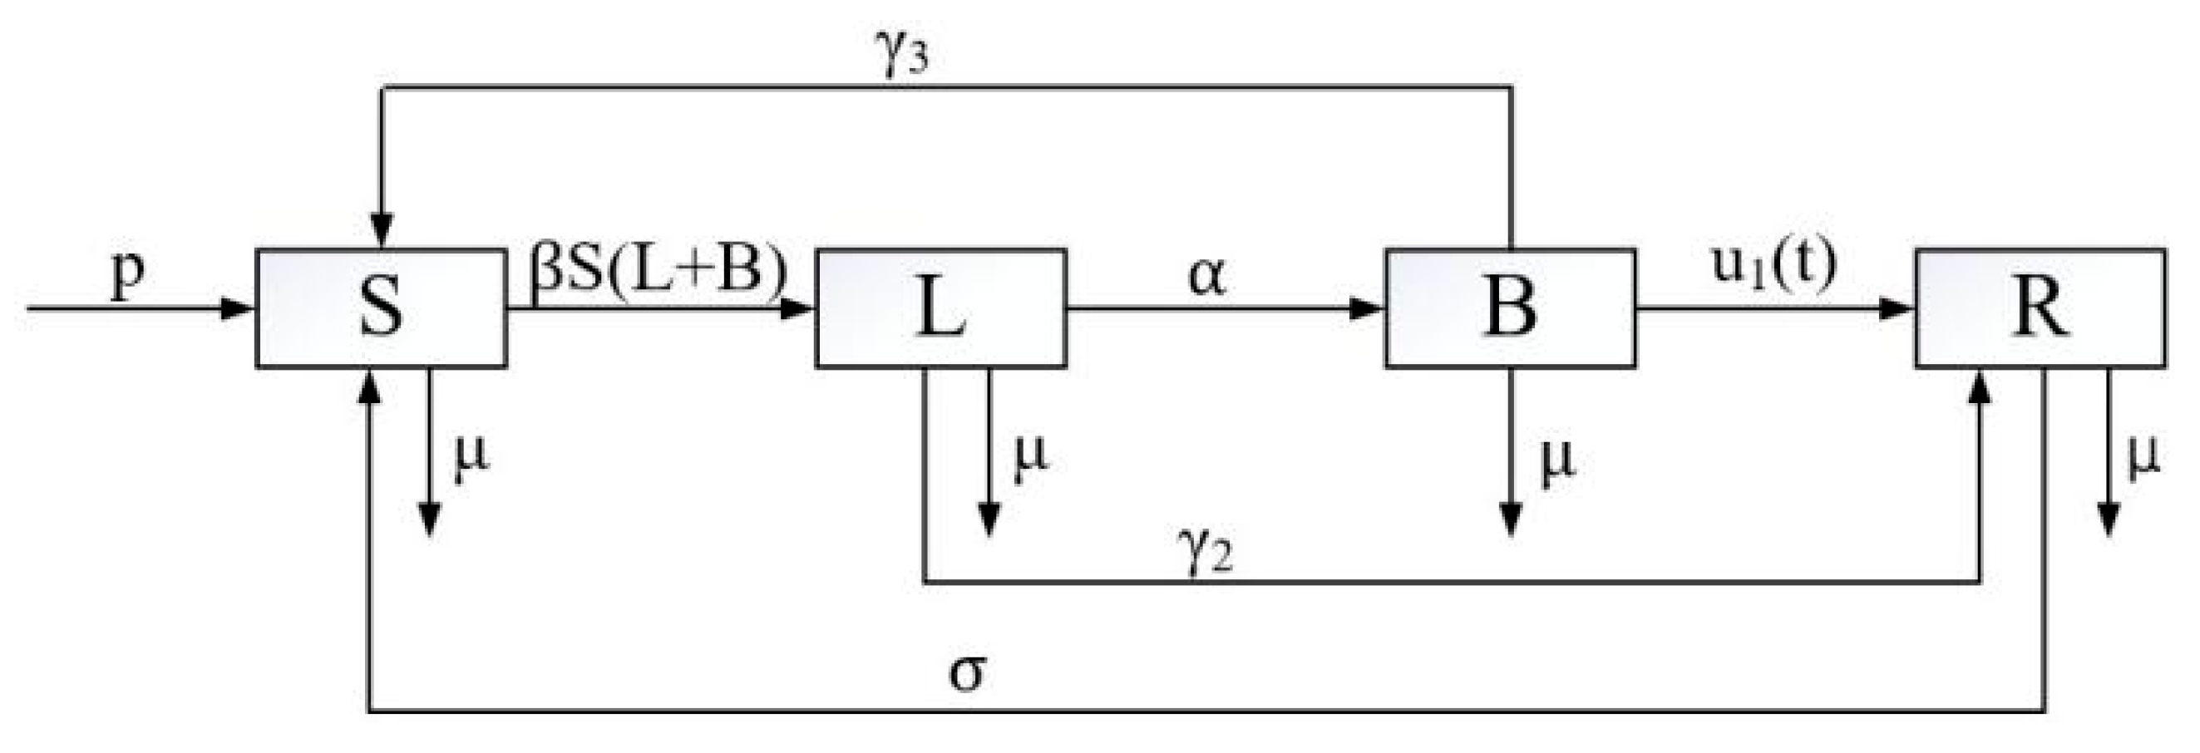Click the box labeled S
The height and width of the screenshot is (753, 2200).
(x=381, y=308)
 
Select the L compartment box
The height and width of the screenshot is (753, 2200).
(x=940, y=308)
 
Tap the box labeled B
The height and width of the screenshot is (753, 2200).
(x=1510, y=308)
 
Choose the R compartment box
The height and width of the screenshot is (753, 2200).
(x=2040, y=308)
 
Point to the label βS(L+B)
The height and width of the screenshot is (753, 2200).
(x=658, y=272)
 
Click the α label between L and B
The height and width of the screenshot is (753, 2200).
(x=1206, y=276)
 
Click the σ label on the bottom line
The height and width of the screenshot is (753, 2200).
(x=967, y=671)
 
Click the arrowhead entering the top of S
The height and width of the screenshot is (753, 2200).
(x=382, y=232)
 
